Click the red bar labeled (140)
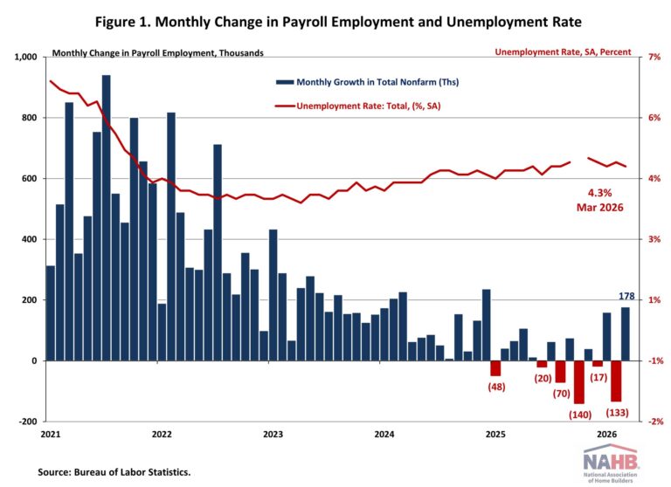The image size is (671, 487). [579, 381]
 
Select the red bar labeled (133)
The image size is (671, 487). [616, 381]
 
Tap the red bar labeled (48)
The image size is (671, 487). [495, 367]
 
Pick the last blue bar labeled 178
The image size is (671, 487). [626, 333]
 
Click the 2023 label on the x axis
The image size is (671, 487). [273, 434]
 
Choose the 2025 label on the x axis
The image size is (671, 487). [495, 434]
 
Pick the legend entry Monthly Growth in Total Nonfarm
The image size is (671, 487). [367, 82]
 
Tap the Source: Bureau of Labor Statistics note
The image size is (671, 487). [114, 472]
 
